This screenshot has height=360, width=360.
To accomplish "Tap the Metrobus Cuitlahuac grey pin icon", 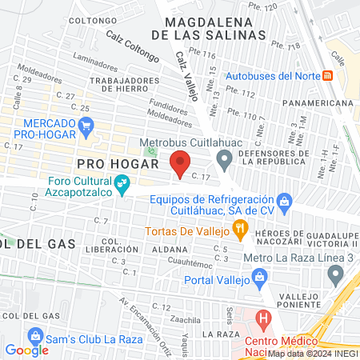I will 225,158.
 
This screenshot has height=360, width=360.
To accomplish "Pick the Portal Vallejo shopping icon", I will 258,279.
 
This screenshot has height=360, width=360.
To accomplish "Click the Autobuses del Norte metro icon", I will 327,76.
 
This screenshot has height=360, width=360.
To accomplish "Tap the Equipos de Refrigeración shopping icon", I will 284,200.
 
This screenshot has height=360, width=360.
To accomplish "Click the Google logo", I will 26,350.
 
